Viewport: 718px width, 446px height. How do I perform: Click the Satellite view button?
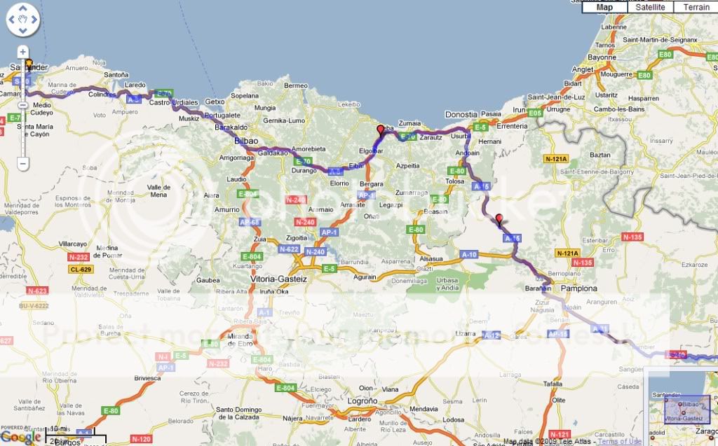click(x=651, y=7)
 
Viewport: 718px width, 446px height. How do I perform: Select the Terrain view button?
click(x=696, y=7)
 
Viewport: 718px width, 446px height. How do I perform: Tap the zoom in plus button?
click(x=22, y=52)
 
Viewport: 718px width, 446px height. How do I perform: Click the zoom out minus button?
click(x=22, y=164)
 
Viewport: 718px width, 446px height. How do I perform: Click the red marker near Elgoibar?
click(x=381, y=131)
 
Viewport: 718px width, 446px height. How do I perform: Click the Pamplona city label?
click(x=578, y=288)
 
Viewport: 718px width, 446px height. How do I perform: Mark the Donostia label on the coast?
click(x=461, y=114)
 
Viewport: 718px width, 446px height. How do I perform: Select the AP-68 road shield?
click(x=249, y=222)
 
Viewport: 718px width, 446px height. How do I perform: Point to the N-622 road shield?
click(x=289, y=249)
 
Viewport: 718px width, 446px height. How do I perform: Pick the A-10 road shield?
click(x=468, y=254)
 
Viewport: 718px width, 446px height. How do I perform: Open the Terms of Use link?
click(x=620, y=441)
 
